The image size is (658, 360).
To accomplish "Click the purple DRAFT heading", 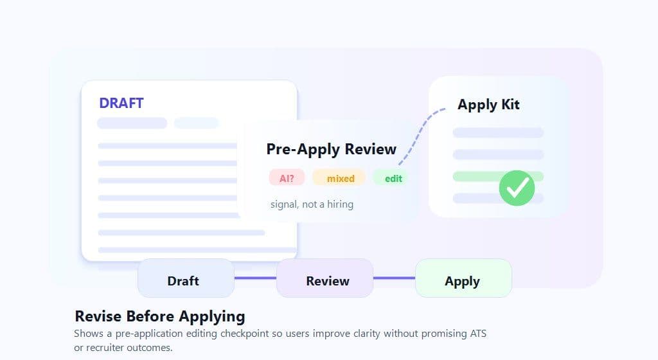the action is click(121, 103).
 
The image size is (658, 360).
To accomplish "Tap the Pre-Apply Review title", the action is click(331, 149).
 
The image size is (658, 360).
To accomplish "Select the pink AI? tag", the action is click(287, 178).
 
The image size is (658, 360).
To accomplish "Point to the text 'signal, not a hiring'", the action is click(312, 204).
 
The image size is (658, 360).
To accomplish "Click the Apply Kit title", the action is click(488, 105).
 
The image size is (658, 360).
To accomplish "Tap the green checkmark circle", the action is click(517, 188).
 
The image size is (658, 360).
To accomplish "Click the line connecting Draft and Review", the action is click(256, 278).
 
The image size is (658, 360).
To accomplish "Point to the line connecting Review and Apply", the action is click(395, 278).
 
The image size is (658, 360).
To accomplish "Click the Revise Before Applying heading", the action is click(160, 316).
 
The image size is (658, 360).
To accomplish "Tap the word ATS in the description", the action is click(478, 334).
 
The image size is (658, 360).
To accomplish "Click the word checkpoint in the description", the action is click(244, 334).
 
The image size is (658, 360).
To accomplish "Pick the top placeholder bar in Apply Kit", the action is click(498, 133).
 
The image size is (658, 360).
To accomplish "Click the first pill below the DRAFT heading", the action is click(132, 123).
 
